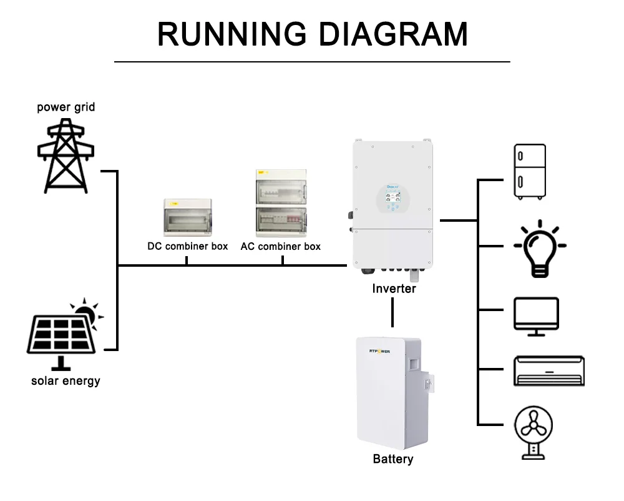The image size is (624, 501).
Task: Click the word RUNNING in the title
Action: tap(233, 34)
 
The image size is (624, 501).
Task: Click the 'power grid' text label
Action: tap(66, 107)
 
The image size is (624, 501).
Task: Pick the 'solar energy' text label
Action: tap(66, 380)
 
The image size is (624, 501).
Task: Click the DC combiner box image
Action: tap(187, 218)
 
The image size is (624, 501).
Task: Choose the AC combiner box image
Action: tap(281, 203)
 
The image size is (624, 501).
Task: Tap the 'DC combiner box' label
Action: tap(187, 246)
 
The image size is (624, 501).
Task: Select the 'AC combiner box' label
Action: tap(281, 246)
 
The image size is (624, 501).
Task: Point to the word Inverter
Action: tap(394, 289)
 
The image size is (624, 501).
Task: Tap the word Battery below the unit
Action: tap(393, 459)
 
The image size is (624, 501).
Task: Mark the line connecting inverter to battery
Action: tap(392, 312)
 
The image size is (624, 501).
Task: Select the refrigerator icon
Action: tap(529, 172)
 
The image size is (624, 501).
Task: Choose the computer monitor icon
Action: tap(536, 316)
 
